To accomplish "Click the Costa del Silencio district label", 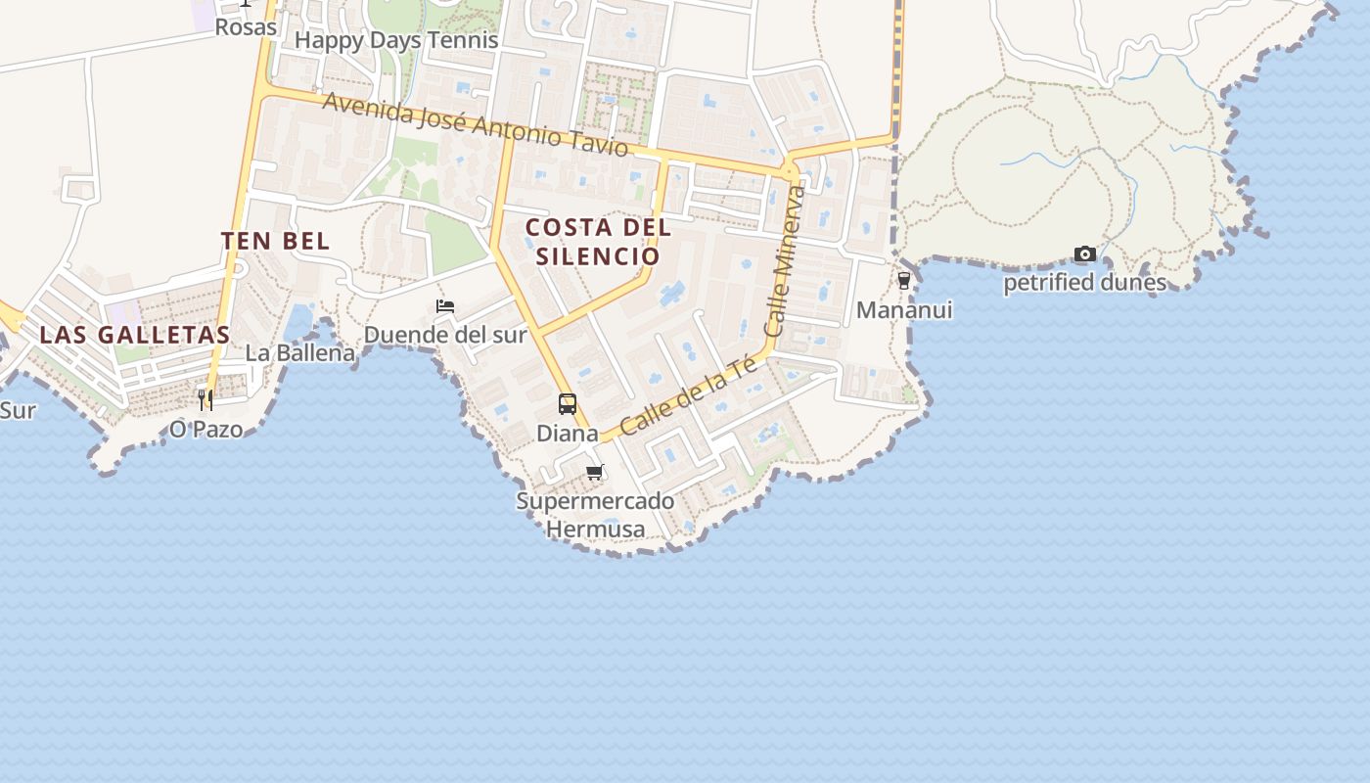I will point(598,242).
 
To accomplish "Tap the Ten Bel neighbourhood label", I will point(275,241).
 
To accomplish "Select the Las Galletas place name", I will point(135,335).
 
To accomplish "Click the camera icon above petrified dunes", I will point(1084,254).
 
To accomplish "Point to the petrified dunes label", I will point(1084,283).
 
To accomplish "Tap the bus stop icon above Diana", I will point(568,403).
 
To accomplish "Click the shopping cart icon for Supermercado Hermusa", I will point(594,473).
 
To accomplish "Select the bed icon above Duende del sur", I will point(445,306).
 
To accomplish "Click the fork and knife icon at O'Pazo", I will point(205,399).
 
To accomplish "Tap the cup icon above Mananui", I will point(903,281).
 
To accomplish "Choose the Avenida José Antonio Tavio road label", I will point(475,124).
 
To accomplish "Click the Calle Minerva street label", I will point(788,261).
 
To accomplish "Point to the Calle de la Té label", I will point(689,394).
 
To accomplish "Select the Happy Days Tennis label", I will point(396,40).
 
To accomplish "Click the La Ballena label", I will point(299,353).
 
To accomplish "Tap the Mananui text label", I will point(903,310).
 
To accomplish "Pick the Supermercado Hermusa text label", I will point(595,515).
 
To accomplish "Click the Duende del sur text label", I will point(445,335).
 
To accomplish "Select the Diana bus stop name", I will point(568,433).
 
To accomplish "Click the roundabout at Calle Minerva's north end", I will point(790,172).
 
